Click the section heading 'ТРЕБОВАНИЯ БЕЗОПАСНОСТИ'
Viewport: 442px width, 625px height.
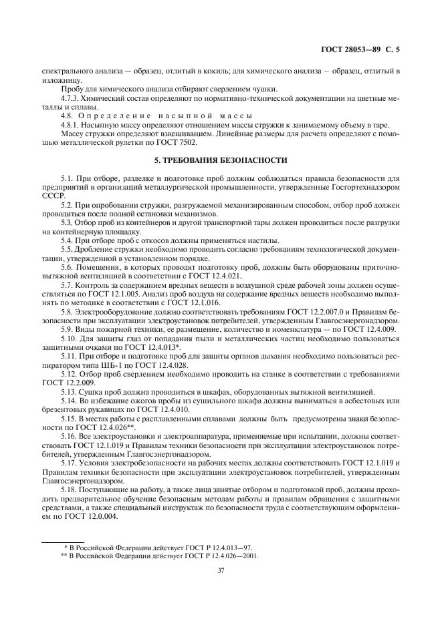tap(227, 160)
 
